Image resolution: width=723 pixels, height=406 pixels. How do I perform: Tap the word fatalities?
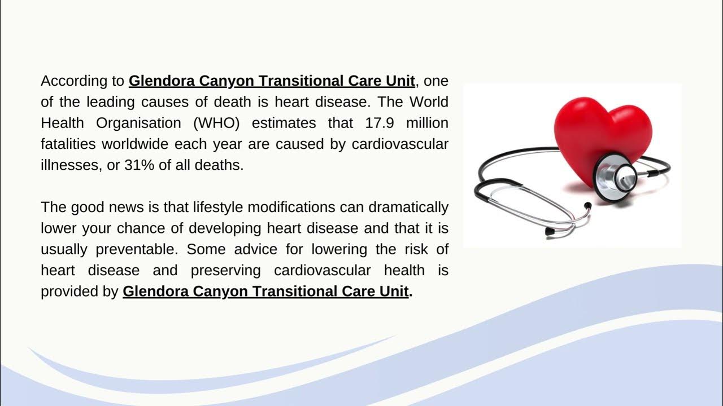(x=68, y=144)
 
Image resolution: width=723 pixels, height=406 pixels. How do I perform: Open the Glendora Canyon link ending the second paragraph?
(x=265, y=292)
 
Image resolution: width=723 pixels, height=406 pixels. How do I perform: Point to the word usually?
(x=64, y=249)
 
